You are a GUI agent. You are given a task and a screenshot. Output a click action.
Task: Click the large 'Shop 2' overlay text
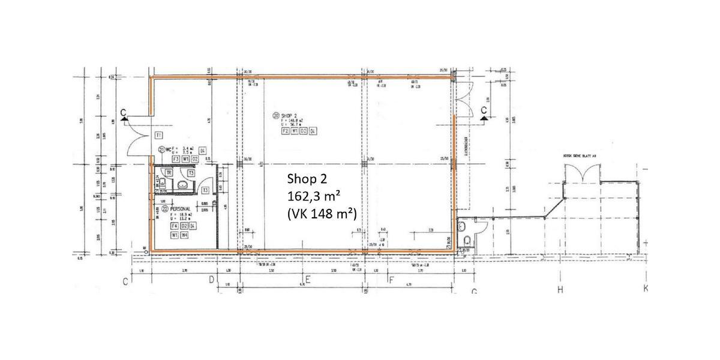coord(307,179)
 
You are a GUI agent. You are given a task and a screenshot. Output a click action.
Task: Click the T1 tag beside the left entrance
coord(159,135)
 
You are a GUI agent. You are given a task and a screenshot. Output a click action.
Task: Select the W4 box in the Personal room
coord(185,235)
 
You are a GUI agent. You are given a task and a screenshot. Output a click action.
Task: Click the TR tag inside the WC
coord(170,172)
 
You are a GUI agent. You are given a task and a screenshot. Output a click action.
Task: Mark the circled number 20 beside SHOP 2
coord(276,115)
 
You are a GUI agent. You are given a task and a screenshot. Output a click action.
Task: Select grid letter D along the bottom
coord(211,280)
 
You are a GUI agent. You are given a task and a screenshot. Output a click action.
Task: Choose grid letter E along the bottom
coord(307,280)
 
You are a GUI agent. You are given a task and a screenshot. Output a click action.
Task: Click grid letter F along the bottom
coord(391,280)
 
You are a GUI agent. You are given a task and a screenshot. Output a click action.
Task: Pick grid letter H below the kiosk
coord(560,290)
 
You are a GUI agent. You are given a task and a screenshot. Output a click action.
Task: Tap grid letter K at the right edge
coord(647,289)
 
